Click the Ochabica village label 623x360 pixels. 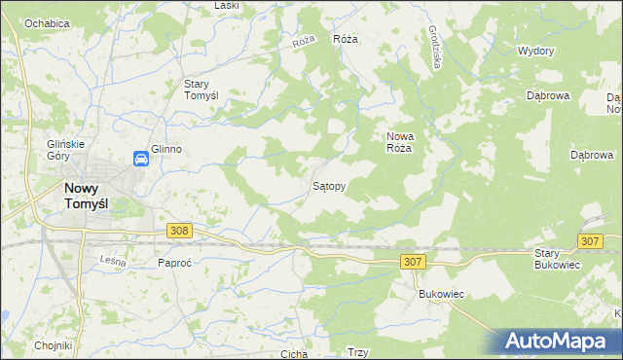pyautogui.click(x=47, y=22)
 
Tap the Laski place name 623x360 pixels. pyautogui.click(x=227, y=6)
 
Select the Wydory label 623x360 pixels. pyautogui.click(x=536, y=51)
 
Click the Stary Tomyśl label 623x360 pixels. pyautogui.click(x=208, y=90)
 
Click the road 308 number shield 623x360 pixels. pyautogui.click(x=178, y=231)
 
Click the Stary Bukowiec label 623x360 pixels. pyautogui.click(x=557, y=258)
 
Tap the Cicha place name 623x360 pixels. pyautogui.click(x=293, y=354)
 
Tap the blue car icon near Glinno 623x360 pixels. pyautogui.click(x=141, y=159)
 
